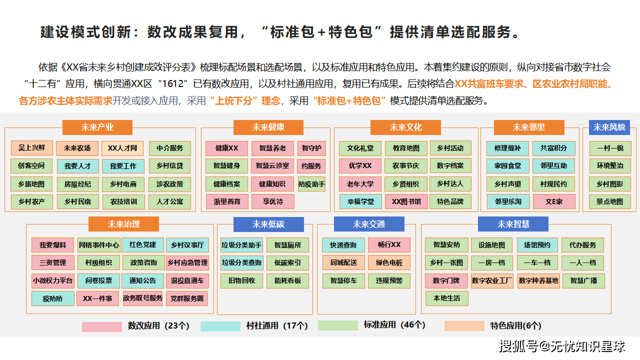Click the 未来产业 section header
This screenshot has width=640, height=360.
click(97, 127)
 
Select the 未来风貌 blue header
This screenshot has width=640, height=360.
click(609, 127)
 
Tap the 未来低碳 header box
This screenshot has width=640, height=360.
click(268, 224)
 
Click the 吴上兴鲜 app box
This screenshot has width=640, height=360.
click(31, 148)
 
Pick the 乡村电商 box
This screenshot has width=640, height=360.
click(123, 184)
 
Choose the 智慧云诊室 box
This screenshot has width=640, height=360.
click(272, 166)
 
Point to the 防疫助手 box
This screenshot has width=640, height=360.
click(311, 184)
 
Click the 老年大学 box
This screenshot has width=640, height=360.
click(360, 184)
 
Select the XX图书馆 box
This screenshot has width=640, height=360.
click(406, 202)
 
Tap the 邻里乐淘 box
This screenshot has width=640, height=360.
click(508, 201)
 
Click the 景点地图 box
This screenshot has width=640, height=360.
click(609, 201)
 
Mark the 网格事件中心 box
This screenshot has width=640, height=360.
click(99, 245)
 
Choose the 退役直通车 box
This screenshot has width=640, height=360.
click(187, 281)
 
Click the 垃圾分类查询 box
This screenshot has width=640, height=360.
click(241, 263)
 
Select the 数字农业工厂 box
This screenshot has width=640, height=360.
click(492, 281)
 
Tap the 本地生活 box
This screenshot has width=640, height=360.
click(446, 298)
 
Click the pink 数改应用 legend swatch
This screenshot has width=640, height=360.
click(102, 326)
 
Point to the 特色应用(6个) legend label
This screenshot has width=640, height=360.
click(515, 326)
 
